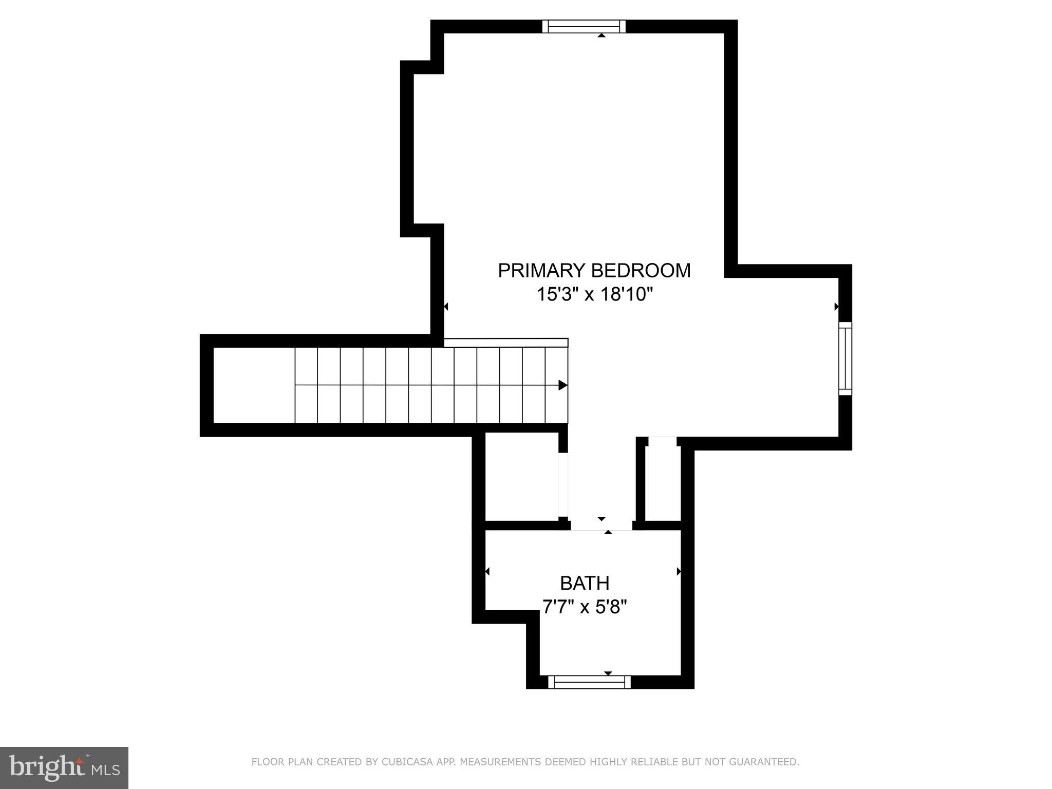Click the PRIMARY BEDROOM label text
tap(594, 271)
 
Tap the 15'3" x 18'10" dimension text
tap(594, 295)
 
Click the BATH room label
tap(585, 584)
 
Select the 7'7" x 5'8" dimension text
tap(585, 608)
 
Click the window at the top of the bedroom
tap(584, 26)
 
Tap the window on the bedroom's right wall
tap(845, 359)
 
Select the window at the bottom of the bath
tap(589, 682)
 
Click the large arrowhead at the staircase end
tap(563, 385)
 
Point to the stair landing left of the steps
tap(254, 385)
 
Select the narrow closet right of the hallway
tap(663, 483)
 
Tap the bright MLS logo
tap(64, 768)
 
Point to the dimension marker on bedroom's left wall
tap(446, 307)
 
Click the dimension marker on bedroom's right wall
tap(836, 307)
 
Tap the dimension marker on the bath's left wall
tap(487, 571)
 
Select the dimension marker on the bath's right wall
tap(679, 571)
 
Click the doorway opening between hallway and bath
tap(601, 525)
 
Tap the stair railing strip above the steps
tap(506, 343)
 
